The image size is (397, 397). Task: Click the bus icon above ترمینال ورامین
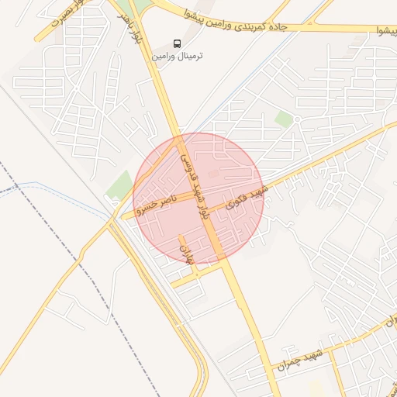[x=178, y=43]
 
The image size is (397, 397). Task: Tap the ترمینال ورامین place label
[x=178, y=57]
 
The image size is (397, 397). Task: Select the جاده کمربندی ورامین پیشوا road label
[x=240, y=21]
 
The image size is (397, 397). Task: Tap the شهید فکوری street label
[x=245, y=198]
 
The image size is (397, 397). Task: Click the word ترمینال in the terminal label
[x=189, y=57]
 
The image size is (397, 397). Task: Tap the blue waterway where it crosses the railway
[x=16, y=188]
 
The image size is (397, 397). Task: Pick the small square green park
[x=285, y=119]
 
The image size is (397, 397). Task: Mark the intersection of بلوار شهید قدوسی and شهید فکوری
[x=209, y=210]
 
